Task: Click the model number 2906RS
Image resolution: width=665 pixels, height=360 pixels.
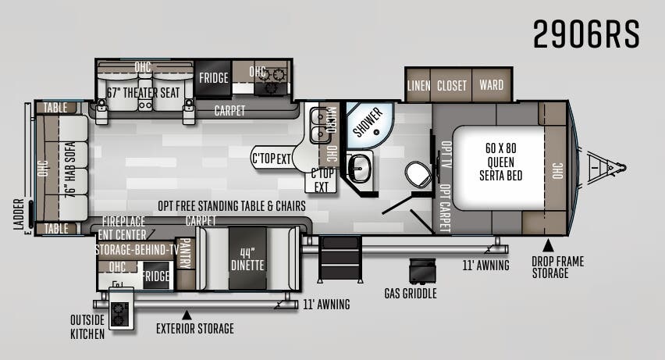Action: (x=586, y=34)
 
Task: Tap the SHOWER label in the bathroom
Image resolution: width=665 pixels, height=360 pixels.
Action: (x=368, y=123)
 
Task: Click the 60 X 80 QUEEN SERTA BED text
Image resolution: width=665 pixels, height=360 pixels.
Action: (x=500, y=162)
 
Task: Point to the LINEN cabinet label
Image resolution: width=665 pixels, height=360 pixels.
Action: (x=418, y=85)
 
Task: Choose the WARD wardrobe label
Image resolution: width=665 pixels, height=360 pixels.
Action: (x=492, y=85)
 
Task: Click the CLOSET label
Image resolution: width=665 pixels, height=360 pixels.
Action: (x=452, y=86)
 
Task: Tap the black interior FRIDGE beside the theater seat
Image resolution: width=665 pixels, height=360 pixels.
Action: (x=213, y=78)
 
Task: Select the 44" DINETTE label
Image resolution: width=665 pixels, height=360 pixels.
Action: (x=247, y=259)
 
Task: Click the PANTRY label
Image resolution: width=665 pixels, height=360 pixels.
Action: (x=185, y=254)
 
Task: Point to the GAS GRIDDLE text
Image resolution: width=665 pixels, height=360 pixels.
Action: (x=411, y=294)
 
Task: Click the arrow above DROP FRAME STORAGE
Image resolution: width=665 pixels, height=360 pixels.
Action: (x=549, y=245)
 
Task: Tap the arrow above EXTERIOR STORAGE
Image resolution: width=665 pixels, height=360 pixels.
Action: (x=187, y=315)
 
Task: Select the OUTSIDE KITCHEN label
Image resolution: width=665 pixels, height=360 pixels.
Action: (x=87, y=327)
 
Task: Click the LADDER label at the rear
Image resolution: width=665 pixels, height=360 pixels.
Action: (x=19, y=215)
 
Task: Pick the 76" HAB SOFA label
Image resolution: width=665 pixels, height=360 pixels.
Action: (x=70, y=169)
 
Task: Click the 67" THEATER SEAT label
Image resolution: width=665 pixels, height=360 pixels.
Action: (x=144, y=93)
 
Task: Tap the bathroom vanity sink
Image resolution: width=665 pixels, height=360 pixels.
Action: (x=359, y=167)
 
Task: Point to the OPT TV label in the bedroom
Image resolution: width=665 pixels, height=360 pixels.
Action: (x=446, y=155)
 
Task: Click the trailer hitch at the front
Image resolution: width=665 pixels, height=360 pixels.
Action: (x=606, y=167)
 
